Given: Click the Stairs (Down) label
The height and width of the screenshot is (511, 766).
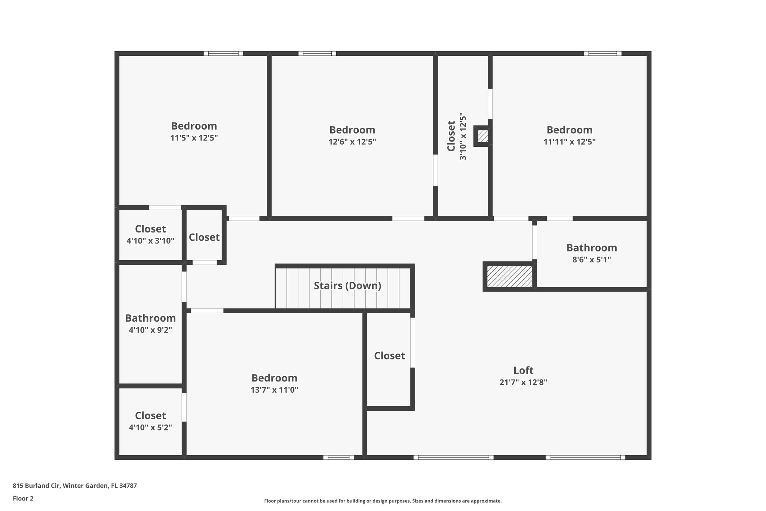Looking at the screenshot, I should point(347,286).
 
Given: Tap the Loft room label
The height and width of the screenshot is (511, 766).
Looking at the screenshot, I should point(523,370).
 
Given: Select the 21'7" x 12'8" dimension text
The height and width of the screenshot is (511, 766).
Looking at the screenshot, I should point(523,382).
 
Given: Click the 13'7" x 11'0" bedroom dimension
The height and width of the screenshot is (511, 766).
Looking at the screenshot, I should point(274,390).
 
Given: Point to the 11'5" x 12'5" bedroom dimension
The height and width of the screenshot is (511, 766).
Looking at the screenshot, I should point(194,138).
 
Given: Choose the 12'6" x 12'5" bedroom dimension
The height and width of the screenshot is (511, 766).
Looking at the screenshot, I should point(352,142).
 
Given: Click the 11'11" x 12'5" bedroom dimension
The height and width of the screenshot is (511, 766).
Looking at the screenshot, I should point(569,142).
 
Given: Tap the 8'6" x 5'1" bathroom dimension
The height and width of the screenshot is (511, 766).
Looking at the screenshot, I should point(591,259).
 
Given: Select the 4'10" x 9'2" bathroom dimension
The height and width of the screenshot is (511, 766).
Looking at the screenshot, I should point(150,330).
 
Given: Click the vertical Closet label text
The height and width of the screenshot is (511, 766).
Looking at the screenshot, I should point(451,136).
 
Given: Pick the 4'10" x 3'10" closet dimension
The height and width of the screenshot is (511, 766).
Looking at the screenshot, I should point(150,241).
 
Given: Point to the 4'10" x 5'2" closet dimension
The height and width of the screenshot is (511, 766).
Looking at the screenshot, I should point(150,427).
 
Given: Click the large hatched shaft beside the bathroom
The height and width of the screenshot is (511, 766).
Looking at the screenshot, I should point(509,277).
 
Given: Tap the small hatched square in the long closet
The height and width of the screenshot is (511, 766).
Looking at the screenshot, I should point(483,136).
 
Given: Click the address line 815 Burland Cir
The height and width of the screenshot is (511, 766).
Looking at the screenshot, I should point(75,486).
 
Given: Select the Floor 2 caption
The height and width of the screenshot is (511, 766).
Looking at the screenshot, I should point(23,498).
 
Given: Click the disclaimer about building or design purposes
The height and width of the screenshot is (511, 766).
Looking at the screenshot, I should point(383,501).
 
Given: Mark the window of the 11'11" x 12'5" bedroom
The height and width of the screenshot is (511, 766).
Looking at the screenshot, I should point(603,54).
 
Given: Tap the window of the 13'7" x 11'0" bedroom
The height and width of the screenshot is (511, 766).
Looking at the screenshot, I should point(338,457).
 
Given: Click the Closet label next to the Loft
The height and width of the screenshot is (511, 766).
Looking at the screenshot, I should point(389,356).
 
